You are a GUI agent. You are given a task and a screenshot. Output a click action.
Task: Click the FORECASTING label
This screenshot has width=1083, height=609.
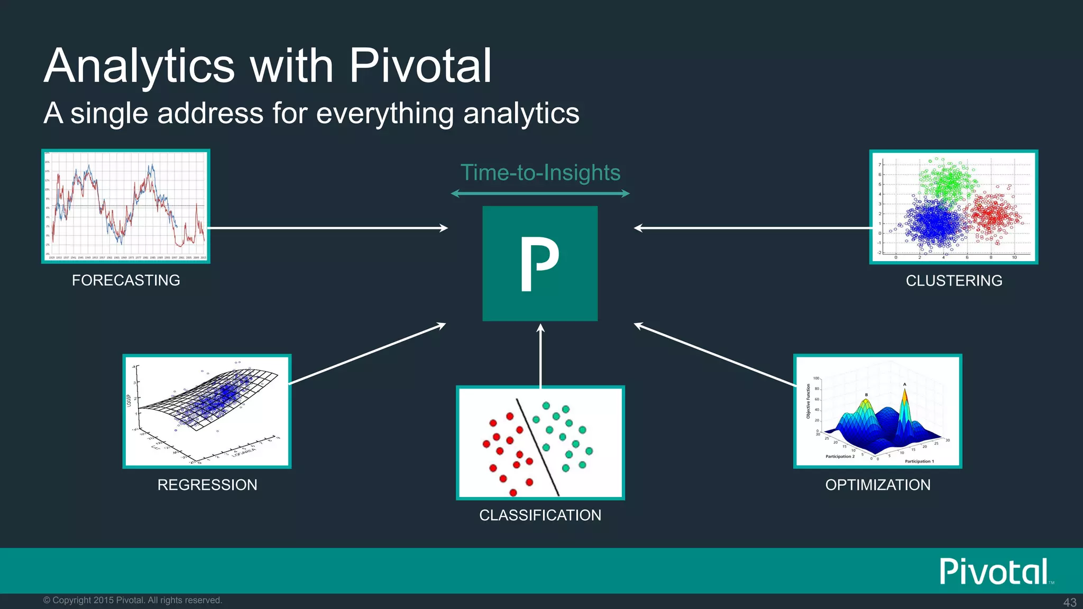(x=126, y=280)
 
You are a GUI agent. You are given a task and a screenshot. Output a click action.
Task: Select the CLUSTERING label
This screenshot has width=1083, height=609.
(x=954, y=281)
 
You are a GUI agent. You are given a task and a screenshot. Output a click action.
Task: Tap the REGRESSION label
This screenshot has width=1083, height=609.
(x=207, y=485)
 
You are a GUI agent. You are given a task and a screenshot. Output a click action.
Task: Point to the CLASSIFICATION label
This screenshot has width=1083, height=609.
(x=540, y=515)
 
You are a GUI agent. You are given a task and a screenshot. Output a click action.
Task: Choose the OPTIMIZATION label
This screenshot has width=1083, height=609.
(x=878, y=485)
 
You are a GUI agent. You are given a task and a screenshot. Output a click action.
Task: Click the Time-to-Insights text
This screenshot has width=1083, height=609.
(x=540, y=173)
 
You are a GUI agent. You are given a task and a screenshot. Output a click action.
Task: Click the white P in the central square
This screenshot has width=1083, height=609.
(x=538, y=263)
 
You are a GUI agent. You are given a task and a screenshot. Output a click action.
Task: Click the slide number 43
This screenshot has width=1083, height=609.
(x=1070, y=602)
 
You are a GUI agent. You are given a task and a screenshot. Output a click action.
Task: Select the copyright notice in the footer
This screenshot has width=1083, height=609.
(x=132, y=600)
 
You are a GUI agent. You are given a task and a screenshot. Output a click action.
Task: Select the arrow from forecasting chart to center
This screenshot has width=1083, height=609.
(x=328, y=228)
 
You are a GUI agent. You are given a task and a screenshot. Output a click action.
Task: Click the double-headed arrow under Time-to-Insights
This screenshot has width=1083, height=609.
(x=540, y=193)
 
